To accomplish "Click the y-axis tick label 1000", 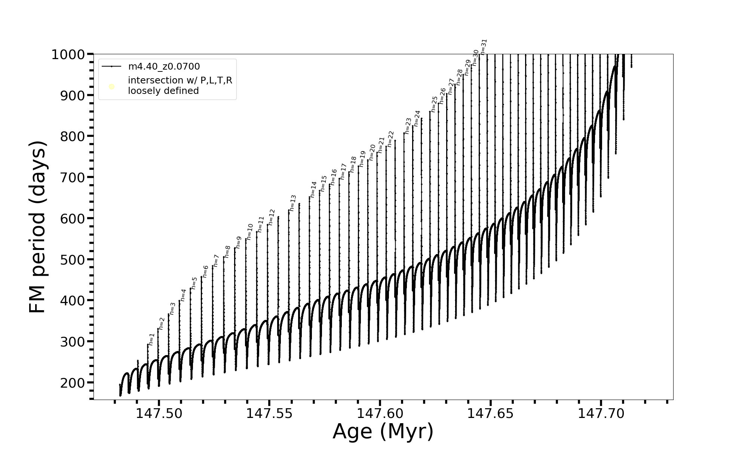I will click(x=68, y=55).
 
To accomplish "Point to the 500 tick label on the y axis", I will click(x=73, y=260).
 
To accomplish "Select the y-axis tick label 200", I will click(x=73, y=383).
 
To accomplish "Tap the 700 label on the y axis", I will click(x=73, y=178).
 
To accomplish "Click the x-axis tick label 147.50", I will click(x=159, y=413).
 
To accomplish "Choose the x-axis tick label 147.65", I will click(x=491, y=413).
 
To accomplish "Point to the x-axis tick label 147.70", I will click(x=601, y=413).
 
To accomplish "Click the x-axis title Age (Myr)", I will click(x=383, y=431).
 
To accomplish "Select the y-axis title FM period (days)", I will click(x=38, y=227).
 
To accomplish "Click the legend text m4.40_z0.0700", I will click(x=164, y=67).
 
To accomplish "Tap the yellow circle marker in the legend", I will click(x=111, y=87).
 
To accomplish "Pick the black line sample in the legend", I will click(x=111, y=67).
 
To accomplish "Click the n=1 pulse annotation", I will click(x=151, y=339).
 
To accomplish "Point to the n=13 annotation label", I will click(x=293, y=203).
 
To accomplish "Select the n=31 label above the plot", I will click(x=484, y=47).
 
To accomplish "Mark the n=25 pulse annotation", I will click(x=434, y=104).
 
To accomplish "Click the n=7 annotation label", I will click(x=216, y=260).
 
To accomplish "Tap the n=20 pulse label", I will click(x=372, y=152).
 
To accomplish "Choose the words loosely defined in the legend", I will click(x=163, y=91).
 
